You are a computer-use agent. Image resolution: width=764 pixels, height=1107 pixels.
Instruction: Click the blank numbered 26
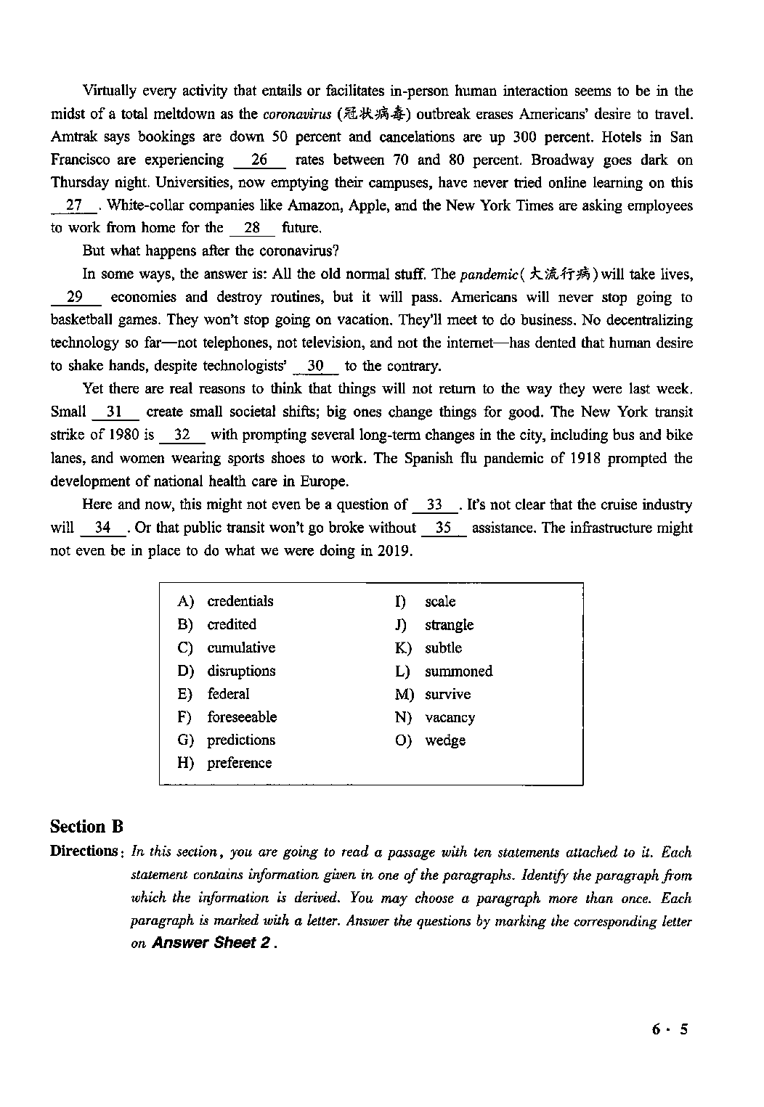(x=259, y=160)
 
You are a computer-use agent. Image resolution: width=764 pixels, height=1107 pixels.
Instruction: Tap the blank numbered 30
(x=315, y=367)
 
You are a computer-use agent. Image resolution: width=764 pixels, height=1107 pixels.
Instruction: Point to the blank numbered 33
(x=435, y=505)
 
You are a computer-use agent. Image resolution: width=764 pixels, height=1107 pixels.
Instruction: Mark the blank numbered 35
(x=443, y=528)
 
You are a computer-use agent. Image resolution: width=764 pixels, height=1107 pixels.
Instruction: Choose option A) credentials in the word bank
(x=240, y=601)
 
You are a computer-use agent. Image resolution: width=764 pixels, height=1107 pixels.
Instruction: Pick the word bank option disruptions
(x=241, y=671)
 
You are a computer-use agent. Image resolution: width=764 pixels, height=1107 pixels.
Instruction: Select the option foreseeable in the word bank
(x=242, y=717)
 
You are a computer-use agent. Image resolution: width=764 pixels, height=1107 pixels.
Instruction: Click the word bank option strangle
(x=449, y=625)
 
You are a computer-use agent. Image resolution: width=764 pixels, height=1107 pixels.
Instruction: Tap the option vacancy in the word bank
(x=450, y=718)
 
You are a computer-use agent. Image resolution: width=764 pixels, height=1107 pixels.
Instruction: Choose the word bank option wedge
(x=445, y=741)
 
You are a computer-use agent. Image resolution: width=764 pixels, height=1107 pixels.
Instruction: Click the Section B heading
(x=86, y=827)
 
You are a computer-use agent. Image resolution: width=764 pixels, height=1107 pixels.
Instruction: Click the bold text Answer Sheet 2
(x=214, y=943)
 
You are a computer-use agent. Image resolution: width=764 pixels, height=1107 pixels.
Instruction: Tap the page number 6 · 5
(x=669, y=1029)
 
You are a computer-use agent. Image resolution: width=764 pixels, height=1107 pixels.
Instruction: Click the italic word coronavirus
(x=291, y=114)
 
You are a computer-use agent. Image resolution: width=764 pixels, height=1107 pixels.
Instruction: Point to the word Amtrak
(x=73, y=137)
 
